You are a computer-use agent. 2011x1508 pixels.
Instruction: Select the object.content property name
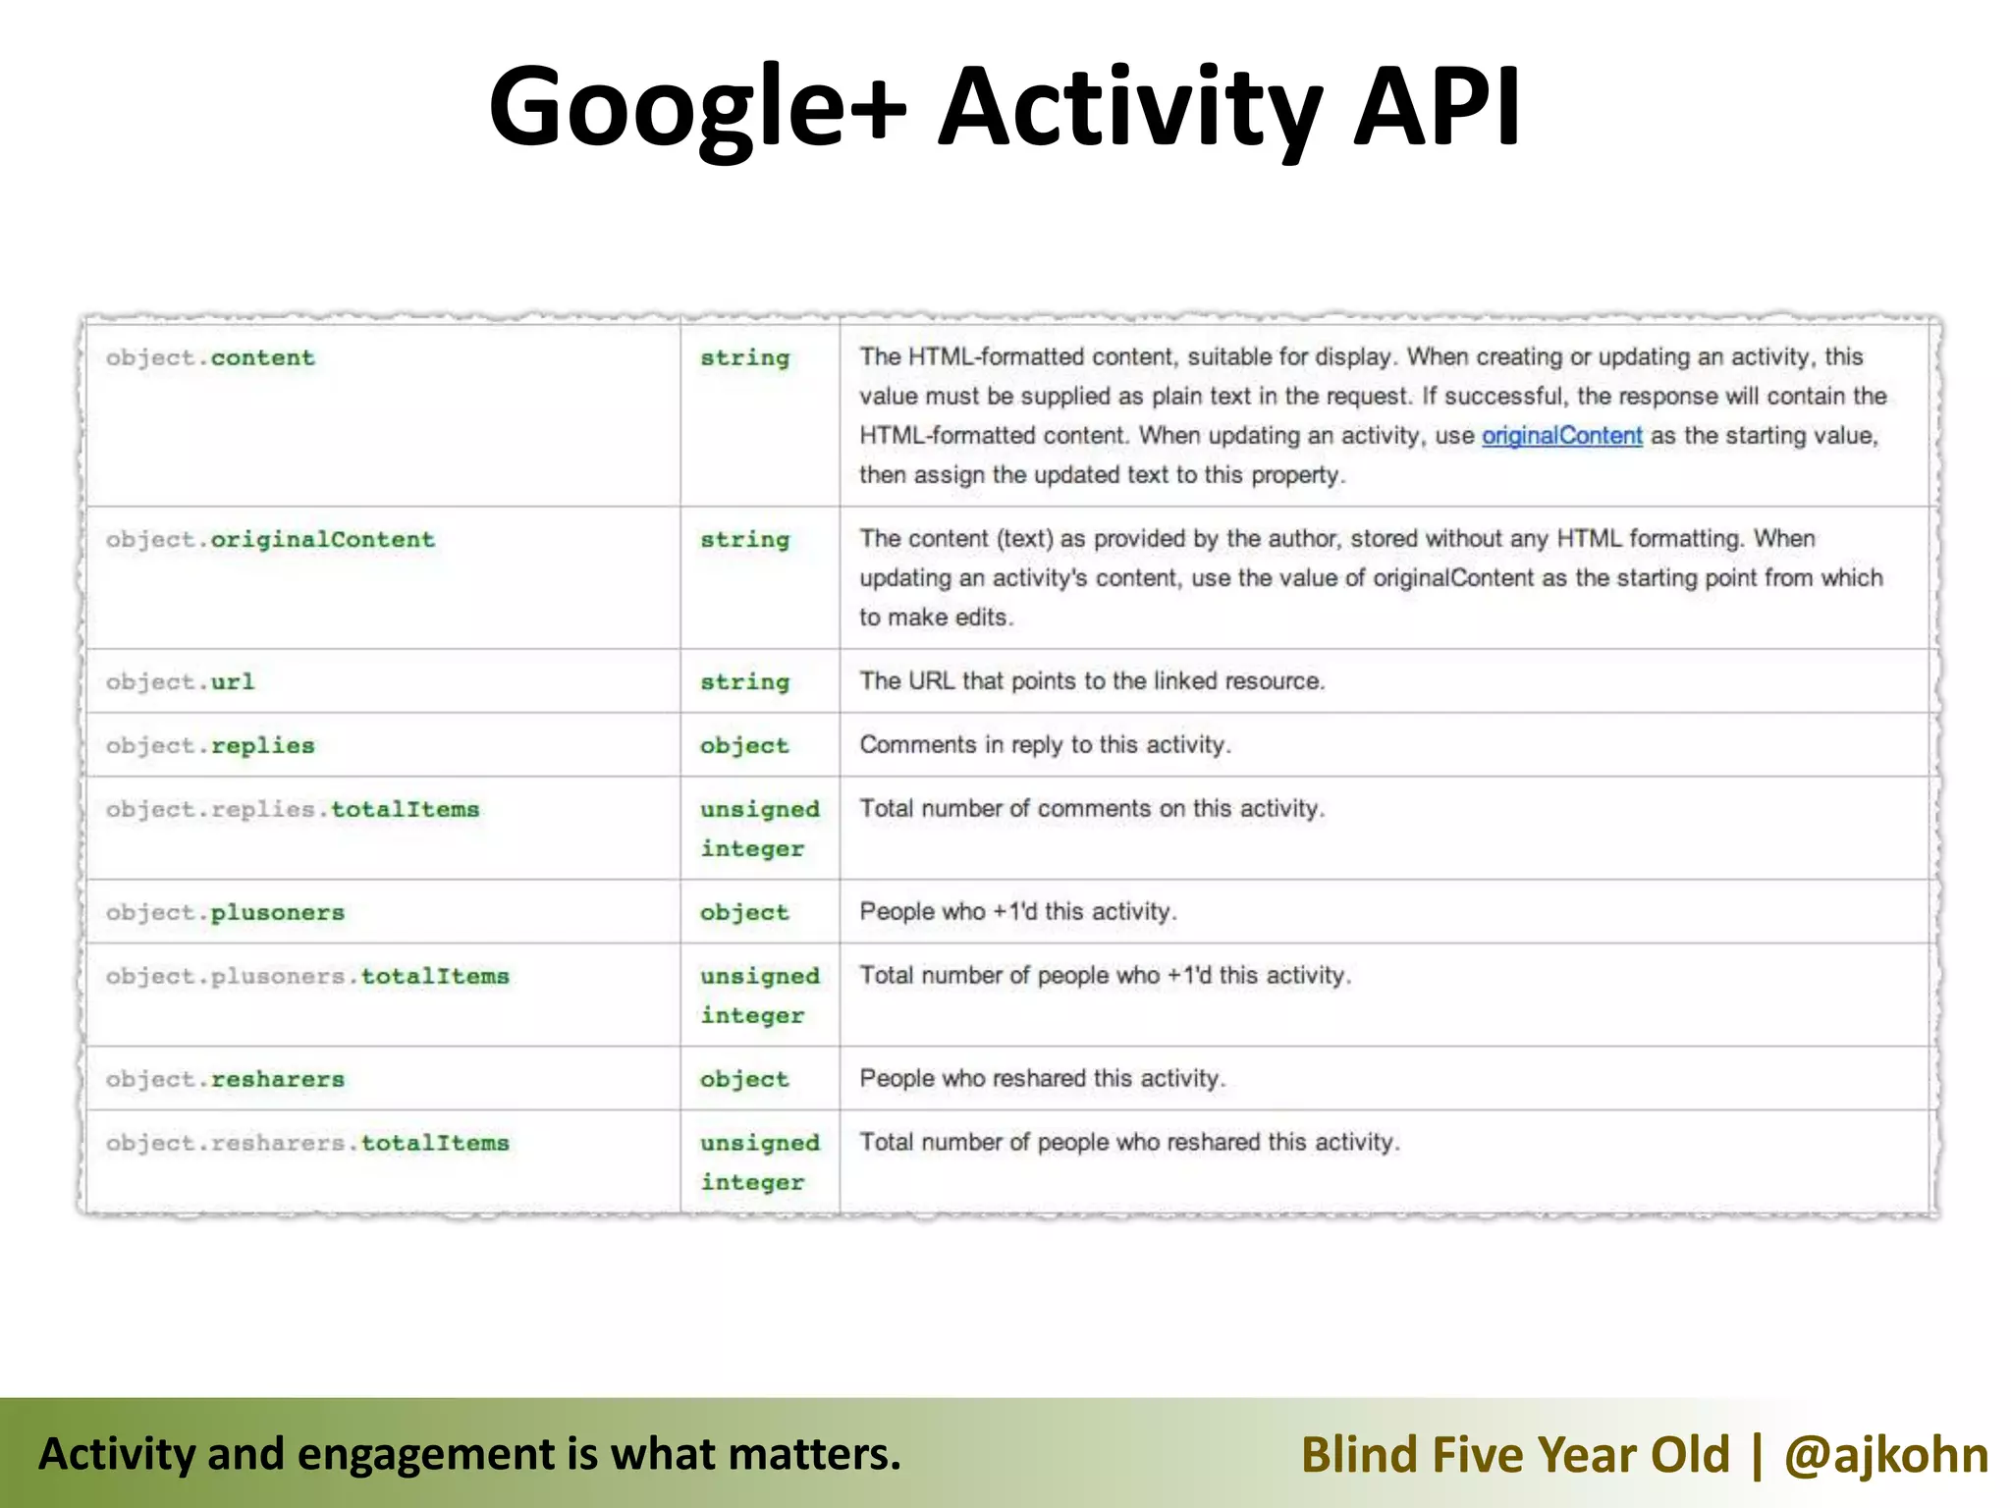tap(210, 358)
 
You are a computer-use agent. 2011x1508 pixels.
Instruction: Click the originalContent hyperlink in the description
tap(1561, 436)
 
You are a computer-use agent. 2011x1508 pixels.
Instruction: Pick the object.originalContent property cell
tap(270, 540)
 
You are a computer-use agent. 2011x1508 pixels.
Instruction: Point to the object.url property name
tap(180, 682)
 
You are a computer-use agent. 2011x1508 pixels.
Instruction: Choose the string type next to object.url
tap(744, 682)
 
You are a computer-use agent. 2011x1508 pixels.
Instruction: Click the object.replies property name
tap(210, 746)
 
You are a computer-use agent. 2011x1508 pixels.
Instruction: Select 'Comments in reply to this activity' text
tap(1045, 745)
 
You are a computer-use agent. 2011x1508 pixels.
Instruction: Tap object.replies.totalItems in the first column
tap(293, 810)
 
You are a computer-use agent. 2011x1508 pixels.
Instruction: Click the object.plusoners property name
tap(225, 913)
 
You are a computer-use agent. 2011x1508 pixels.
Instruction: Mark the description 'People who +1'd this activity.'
tap(1017, 912)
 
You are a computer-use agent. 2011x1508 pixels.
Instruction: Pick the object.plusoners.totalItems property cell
tap(307, 977)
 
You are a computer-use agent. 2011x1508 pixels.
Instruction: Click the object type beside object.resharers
tap(744, 1080)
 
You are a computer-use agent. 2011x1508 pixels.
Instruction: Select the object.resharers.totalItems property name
tap(307, 1144)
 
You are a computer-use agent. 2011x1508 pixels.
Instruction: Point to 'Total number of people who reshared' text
tap(1129, 1143)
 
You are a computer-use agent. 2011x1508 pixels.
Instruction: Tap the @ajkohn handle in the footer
tap(1885, 1454)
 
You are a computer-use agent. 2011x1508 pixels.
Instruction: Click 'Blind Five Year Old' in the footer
tap(1515, 1454)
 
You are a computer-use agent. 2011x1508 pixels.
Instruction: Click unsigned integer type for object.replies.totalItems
tap(758, 829)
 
